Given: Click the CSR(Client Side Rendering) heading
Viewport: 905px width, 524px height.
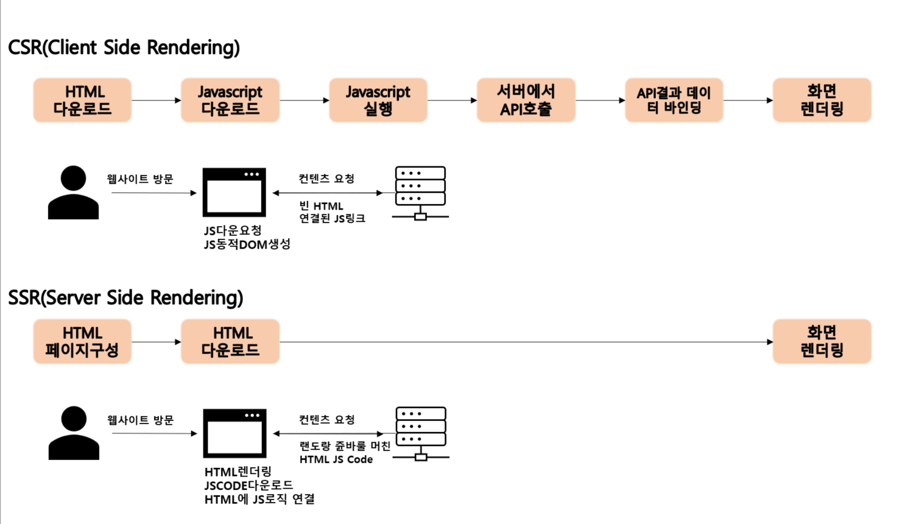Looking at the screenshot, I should (x=124, y=48).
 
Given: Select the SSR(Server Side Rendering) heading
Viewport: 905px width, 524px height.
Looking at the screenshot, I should (x=125, y=298).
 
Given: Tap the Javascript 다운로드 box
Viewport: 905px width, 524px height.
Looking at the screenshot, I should (x=230, y=101).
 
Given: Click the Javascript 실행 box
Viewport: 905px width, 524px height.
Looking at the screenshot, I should (x=378, y=101).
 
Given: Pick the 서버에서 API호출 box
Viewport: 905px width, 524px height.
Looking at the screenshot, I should (x=526, y=101).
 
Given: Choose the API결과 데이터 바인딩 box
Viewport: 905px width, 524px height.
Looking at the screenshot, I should (x=674, y=101).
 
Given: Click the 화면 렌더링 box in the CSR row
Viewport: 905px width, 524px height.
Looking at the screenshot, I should (x=822, y=101).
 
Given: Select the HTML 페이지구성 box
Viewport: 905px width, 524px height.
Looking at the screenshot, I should (x=82, y=342).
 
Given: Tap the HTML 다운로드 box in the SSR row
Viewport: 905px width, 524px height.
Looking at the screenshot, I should (x=230, y=342).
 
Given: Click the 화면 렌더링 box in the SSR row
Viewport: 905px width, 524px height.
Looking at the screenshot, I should (x=822, y=342).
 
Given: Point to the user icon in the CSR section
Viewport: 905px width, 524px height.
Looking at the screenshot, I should (x=74, y=193).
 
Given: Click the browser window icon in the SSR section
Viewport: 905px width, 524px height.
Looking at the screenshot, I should (x=235, y=433).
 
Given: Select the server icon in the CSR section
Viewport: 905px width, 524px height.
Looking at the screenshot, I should (x=420, y=193).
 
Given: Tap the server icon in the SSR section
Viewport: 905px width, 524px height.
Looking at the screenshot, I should (x=421, y=433).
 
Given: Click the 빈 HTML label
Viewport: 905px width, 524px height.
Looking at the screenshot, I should (x=321, y=206).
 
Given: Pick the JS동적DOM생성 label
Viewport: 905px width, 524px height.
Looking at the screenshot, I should (x=247, y=244).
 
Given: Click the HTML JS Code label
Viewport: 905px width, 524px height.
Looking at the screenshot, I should (x=336, y=459).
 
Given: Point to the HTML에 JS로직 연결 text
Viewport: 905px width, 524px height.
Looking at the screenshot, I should (x=259, y=500).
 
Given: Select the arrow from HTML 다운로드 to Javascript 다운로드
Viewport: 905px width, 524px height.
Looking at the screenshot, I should (x=156, y=101).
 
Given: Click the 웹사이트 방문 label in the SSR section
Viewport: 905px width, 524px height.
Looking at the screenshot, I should (x=141, y=420).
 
